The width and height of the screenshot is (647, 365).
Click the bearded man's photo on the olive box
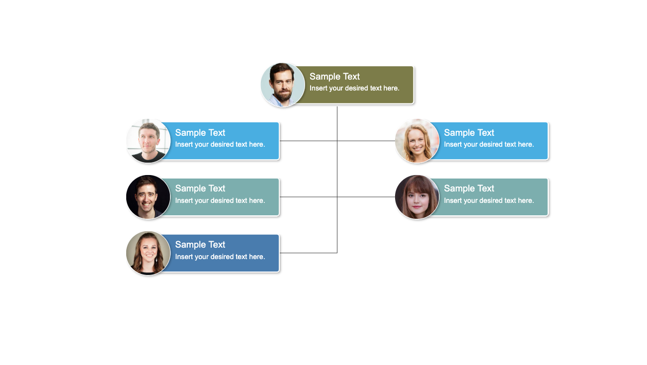[282, 85]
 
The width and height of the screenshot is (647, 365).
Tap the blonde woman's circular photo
[417, 141]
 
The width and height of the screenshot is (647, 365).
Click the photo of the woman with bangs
[417, 197]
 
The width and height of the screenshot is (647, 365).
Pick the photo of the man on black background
[148, 197]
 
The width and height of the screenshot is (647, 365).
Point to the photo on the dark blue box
[148, 253]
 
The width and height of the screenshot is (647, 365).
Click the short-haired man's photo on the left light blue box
[148, 141]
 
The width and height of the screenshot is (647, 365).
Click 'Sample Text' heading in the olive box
[334, 77]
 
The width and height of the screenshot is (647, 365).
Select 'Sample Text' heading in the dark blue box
[200, 245]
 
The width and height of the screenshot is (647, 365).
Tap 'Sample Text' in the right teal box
[469, 188]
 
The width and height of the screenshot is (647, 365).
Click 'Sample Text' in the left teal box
[200, 188]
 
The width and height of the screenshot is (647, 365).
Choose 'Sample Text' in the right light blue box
[469, 133]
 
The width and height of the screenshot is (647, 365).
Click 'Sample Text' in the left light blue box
[200, 133]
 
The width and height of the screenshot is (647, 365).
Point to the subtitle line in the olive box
[354, 88]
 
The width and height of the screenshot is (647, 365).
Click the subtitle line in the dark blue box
[220, 257]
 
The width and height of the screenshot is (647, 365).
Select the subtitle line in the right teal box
[489, 200]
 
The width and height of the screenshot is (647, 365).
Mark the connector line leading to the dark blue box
[308, 253]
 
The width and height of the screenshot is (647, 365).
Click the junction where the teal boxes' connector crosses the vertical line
[337, 197]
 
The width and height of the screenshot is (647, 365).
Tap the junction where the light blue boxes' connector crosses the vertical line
[337, 141]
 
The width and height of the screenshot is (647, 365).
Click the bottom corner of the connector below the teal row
[337, 253]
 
